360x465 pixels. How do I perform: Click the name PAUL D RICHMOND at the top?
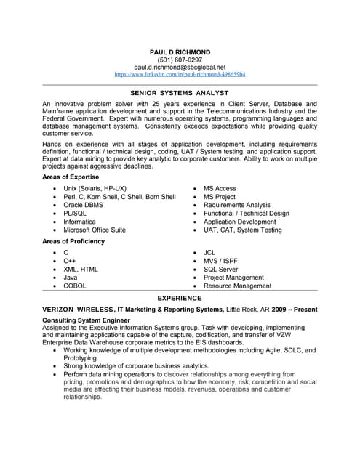tap(180, 53)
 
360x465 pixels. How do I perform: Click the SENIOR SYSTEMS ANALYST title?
tap(180, 93)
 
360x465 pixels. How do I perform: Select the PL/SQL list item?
tap(76, 214)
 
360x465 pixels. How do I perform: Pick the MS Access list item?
tap(220, 188)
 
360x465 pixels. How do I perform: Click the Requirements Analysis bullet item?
tap(236, 206)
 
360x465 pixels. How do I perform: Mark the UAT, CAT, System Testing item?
tap(242, 230)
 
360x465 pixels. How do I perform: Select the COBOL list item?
tap(75, 286)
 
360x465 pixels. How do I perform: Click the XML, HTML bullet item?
tap(81, 269)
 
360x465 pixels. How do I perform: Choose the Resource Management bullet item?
tap(237, 286)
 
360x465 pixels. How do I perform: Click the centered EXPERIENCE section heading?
tap(180, 298)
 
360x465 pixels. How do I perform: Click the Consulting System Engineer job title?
tap(86, 320)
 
